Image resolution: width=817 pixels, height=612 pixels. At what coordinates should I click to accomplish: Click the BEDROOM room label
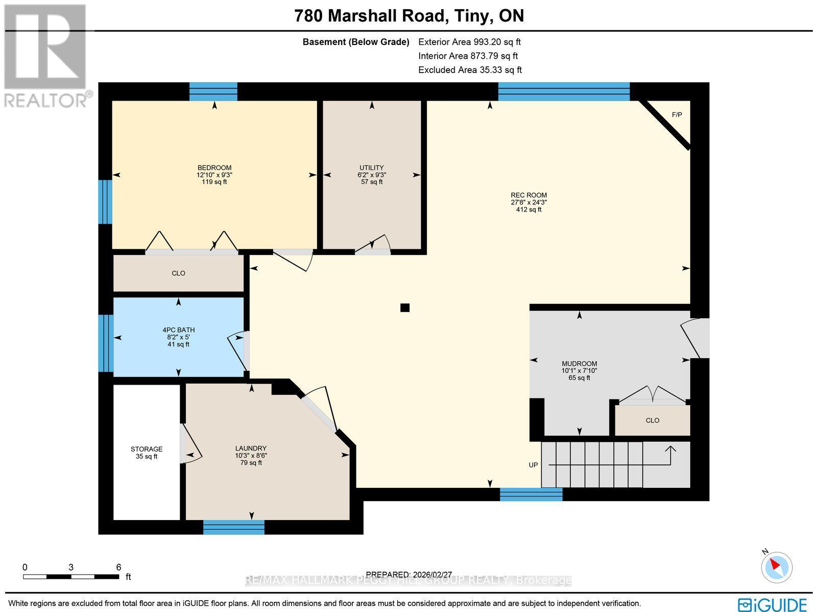click(214, 168)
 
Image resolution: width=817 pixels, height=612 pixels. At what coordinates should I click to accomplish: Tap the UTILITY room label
click(371, 168)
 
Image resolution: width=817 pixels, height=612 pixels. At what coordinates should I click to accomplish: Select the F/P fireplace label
click(677, 114)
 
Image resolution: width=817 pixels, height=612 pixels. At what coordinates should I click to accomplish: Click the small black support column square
click(405, 308)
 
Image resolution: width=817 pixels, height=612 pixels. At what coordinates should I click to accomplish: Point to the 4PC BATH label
click(178, 330)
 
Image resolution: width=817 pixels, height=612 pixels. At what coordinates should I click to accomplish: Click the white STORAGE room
click(147, 452)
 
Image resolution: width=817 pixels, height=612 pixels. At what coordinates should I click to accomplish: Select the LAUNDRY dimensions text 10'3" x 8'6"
click(251, 456)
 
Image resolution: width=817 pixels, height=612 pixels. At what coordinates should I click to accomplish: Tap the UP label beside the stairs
click(533, 465)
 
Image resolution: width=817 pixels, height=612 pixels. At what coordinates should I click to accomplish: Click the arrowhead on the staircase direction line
click(670, 450)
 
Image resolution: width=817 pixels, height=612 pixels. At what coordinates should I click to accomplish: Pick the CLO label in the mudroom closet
click(652, 420)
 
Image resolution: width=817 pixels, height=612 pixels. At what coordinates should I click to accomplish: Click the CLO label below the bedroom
click(178, 273)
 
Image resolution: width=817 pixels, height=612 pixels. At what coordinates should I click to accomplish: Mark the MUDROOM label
click(579, 364)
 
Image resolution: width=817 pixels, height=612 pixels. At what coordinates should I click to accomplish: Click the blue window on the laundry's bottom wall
click(234, 527)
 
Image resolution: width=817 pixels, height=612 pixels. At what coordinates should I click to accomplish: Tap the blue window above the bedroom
click(213, 92)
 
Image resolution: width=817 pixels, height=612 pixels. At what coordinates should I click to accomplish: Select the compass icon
click(776, 567)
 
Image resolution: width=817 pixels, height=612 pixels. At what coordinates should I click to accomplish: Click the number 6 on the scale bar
click(118, 567)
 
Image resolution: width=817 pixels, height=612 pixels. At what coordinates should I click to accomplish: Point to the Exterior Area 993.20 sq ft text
click(469, 42)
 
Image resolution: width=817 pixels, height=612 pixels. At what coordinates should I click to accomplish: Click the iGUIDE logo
click(773, 604)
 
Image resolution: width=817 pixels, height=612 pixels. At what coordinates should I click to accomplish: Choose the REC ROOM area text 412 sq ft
click(528, 209)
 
